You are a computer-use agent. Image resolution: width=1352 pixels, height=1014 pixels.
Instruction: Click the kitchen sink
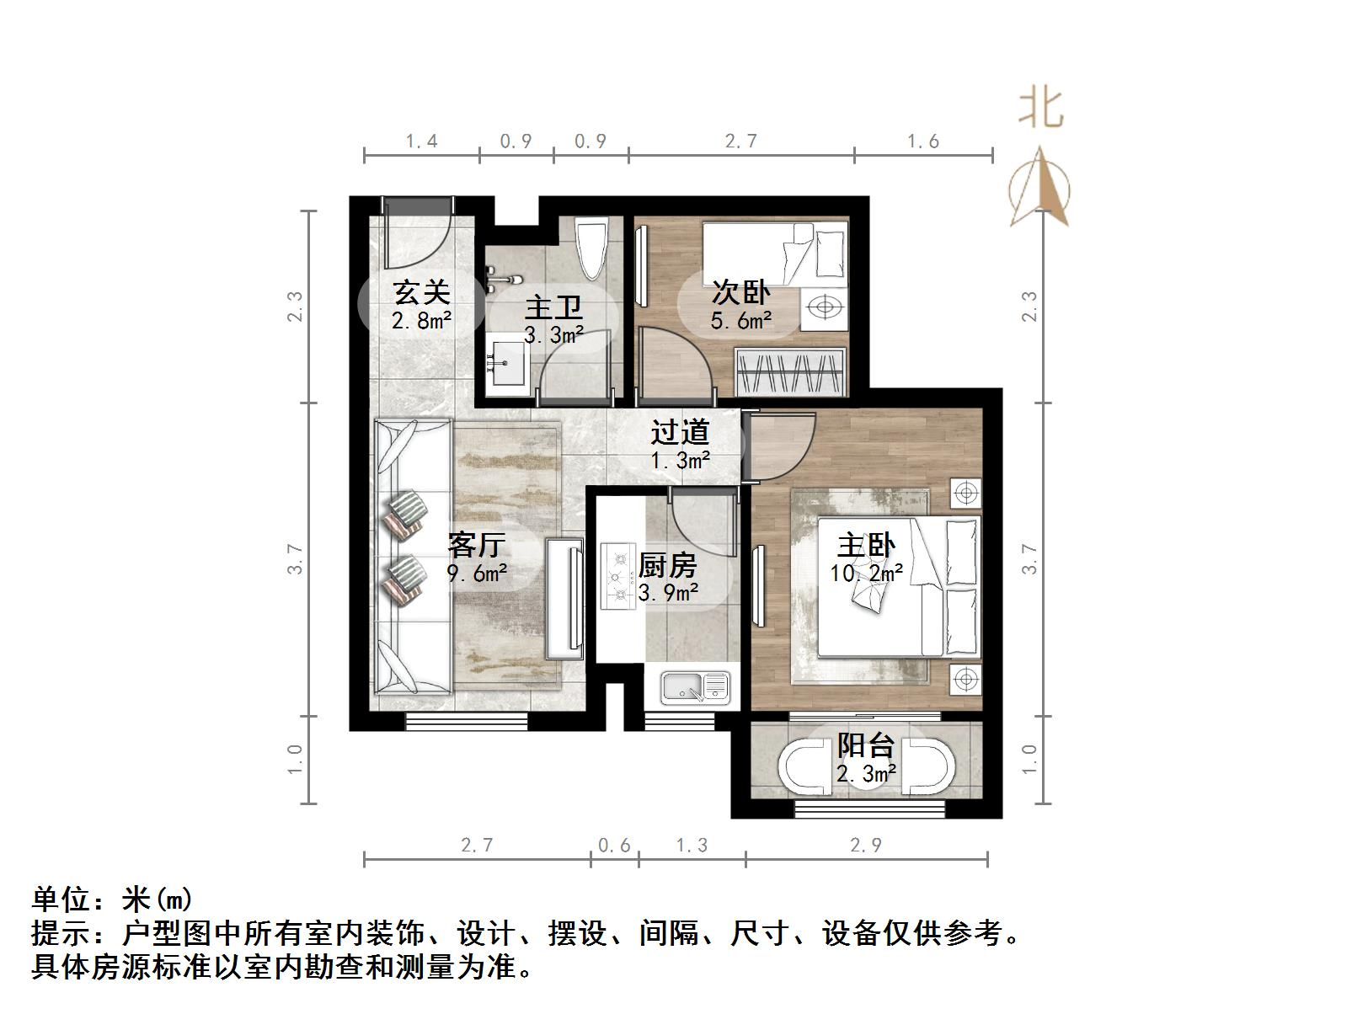click(695, 686)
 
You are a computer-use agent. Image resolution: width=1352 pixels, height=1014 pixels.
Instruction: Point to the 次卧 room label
click(740, 292)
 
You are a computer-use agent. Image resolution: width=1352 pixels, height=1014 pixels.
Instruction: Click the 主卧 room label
click(866, 546)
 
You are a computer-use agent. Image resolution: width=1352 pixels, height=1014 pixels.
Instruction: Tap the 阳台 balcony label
click(865, 745)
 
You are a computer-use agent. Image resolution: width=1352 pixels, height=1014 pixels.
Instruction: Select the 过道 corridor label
click(680, 432)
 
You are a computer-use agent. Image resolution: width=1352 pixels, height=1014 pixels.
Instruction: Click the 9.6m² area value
click(477, 574)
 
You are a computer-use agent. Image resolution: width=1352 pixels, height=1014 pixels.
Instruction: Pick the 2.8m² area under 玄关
click(421, 321)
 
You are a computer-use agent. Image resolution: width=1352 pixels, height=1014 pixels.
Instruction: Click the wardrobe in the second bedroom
click(790, 371)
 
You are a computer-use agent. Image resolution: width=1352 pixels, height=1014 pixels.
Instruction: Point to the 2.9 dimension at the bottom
click(866, 845)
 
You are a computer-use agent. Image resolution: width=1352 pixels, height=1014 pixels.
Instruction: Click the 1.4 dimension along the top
click(421, 141)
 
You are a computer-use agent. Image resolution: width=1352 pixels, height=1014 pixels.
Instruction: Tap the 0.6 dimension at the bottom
click(614, 845)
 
